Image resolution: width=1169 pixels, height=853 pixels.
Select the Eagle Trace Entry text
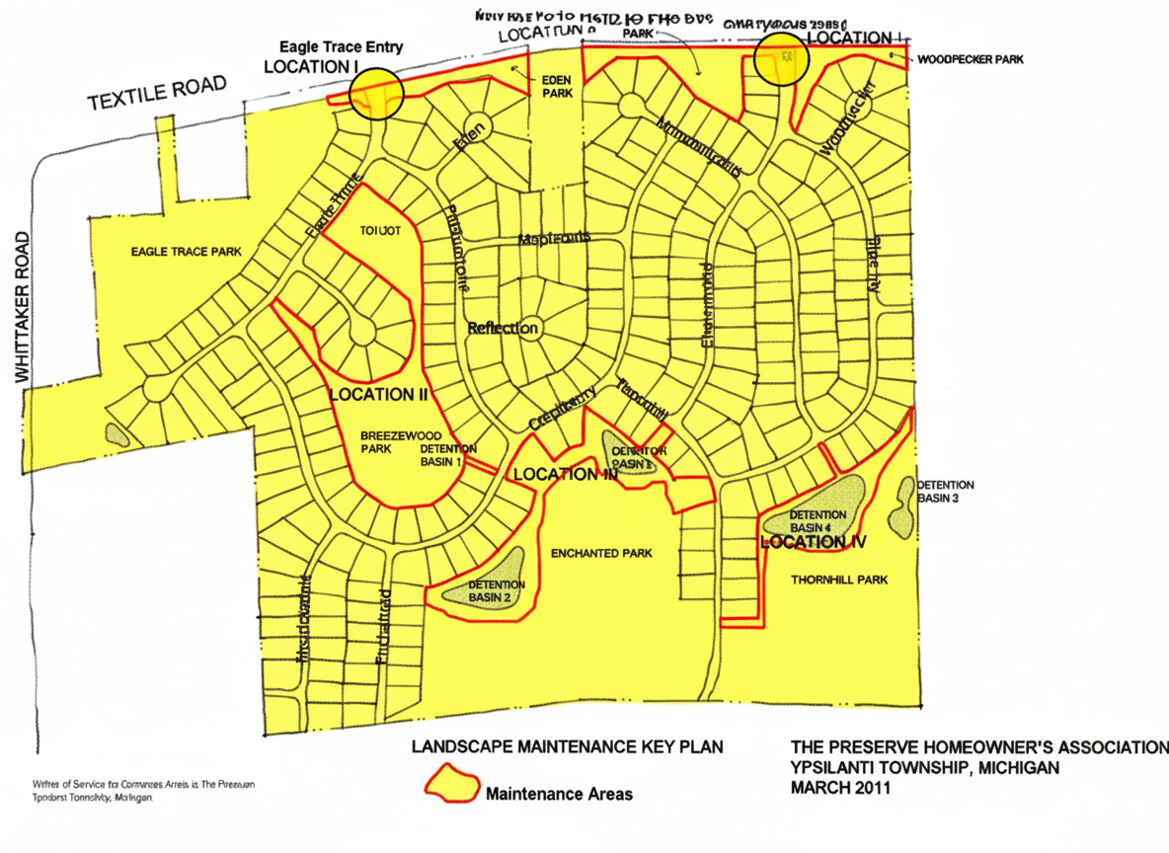tap(341, 47)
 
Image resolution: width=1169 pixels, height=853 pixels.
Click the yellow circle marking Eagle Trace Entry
tap(375, 94)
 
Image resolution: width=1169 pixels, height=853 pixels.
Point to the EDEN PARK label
tap(557, 86)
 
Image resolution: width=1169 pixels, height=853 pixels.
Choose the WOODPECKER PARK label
tap(970, 59)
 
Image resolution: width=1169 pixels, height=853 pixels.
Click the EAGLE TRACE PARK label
tap(186, 252)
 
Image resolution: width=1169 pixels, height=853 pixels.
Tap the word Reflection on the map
tap(503, 328)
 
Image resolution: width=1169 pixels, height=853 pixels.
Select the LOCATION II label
tap(377, 394)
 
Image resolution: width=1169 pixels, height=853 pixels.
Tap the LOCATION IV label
tap(815, 542)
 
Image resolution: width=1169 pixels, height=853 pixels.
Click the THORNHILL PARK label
tap(839, 580)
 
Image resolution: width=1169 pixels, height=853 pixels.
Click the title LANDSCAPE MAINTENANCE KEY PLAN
tap(567, 746)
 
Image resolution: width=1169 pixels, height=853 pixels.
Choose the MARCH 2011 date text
tap(840, 788)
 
